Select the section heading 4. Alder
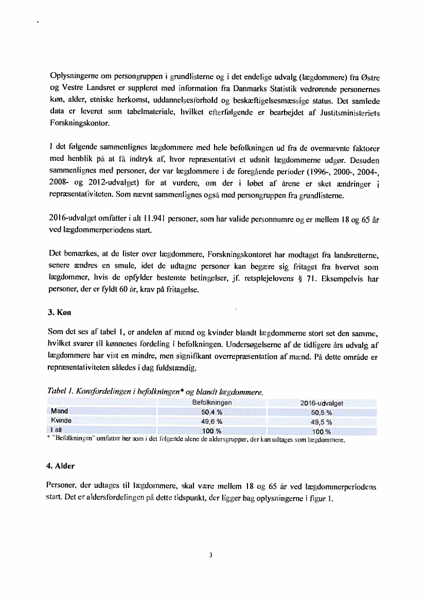pyautogui.click(x=60, y=466)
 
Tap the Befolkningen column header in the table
pyautogui.click(x=211, y=403)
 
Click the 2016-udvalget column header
pyautogui.click(x=321, y=404)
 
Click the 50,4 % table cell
pyautogui.click(x=211, y=412)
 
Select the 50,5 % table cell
pyautogui.click(x=322, y=412)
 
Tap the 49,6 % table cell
pyautogui.click(x=211, y=421)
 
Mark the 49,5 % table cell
pyautogui.click(x=322, y=422)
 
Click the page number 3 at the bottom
pyautogui.click(x=211, y=555)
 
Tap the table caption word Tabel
pyautogui.click(x=55, y=392)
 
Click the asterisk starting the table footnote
pyautogui.click(x=48, y=440)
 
